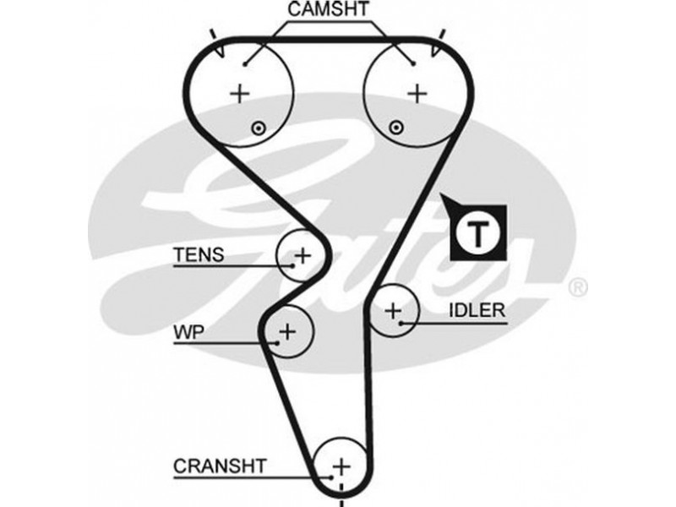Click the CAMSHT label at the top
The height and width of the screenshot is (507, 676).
328,11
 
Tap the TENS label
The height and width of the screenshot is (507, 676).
199,254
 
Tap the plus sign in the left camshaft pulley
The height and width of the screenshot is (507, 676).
242,92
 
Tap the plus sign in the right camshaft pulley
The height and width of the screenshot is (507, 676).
416,92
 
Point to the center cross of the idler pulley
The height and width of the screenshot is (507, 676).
393,312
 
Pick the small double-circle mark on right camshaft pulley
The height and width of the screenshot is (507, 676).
394,127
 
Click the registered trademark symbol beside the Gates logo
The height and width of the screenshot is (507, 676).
577,288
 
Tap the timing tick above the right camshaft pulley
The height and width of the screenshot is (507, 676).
442,35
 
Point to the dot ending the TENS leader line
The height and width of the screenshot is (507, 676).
292,265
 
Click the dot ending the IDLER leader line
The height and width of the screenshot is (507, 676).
403,322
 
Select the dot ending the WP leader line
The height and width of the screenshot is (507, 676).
276,342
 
